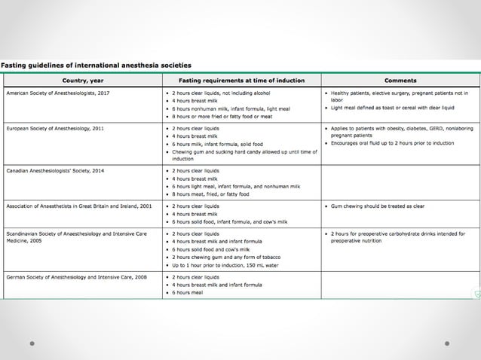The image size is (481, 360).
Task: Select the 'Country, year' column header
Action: [x=83, y=80]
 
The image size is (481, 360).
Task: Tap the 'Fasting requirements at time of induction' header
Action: [x=241, y=80]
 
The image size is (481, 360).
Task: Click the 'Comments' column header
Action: [x=400, y=80]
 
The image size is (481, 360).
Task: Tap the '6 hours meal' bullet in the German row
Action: [x=188, y=292]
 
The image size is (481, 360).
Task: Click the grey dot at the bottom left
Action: [x=32, y=343]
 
